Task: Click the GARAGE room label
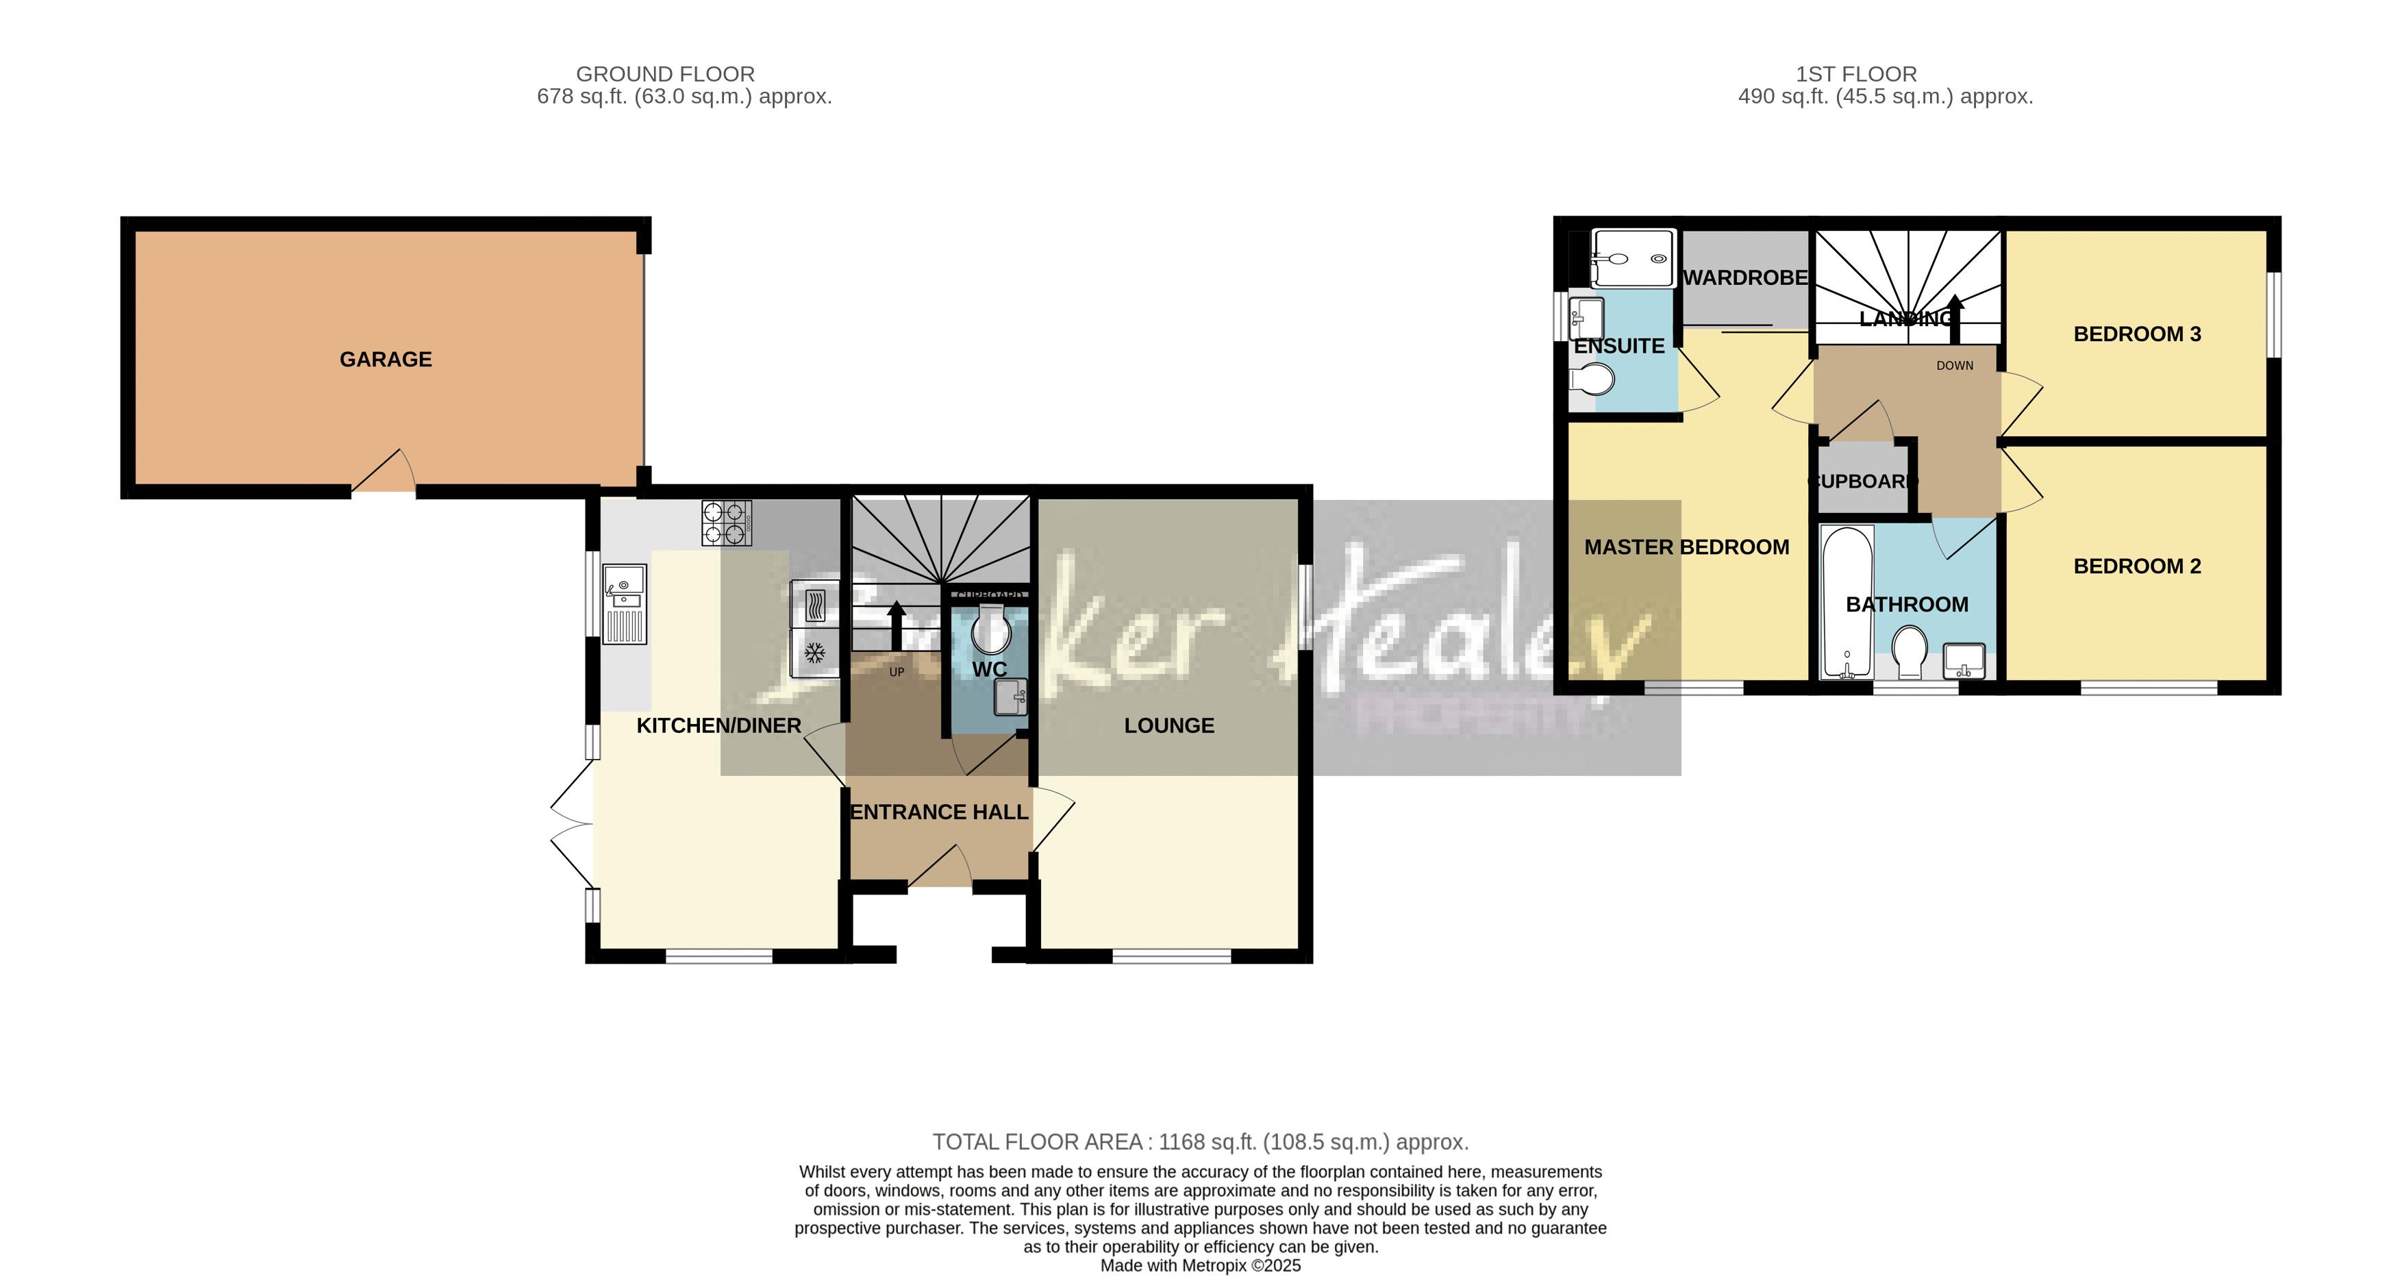point(385,359)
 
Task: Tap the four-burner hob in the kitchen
point(727,523)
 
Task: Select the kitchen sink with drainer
point(624,603)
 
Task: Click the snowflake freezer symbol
point(815,653)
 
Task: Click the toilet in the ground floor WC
point(990,629)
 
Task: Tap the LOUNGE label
point(1168,726)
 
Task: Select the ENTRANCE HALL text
point(939,812)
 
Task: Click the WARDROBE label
point(1744,278)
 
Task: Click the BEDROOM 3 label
point(2136,334)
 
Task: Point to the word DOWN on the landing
point(1955,366)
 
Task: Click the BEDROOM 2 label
point(2136,566)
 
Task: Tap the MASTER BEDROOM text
point(1686,547)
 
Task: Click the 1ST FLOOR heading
point(1855,74)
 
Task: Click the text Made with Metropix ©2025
point(1200,1266)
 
